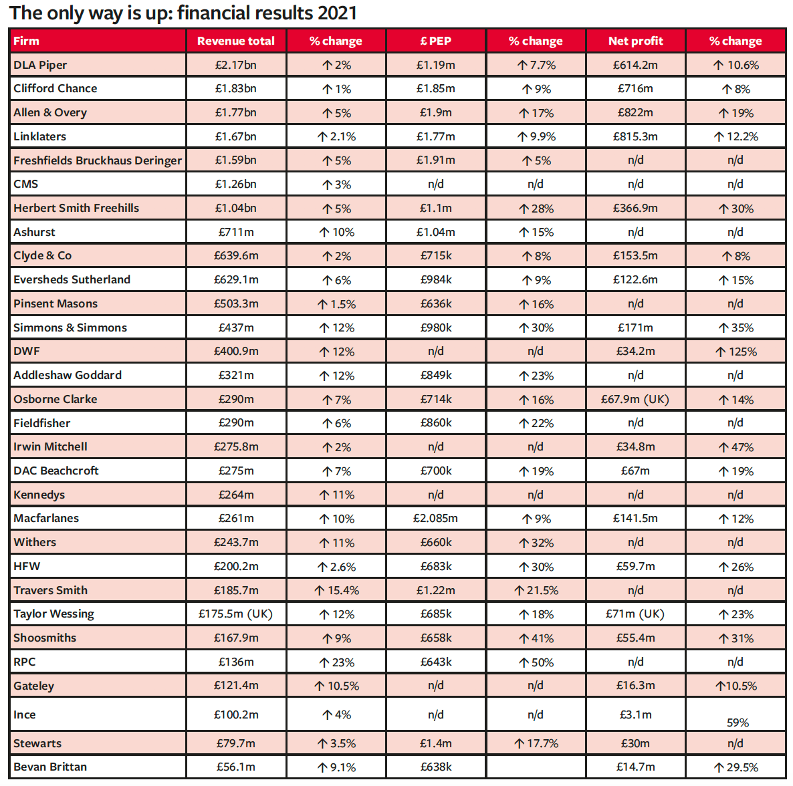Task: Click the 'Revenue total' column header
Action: [235, 41]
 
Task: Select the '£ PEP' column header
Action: [435, 41]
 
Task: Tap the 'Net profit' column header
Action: [635, 41]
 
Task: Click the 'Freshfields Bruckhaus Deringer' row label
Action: [98, 160]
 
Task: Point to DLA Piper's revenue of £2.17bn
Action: [235, 65]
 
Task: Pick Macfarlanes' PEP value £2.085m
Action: [435, 519]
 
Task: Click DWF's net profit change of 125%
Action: [736, 352]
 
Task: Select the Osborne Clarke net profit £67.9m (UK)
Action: [635, 399]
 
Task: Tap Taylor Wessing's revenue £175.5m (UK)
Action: [235, 614]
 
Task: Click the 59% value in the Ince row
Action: [738, 723]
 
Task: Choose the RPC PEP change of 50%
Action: [536, 662]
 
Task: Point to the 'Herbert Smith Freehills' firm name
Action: [76, 208]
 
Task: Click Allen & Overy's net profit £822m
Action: [635, 113]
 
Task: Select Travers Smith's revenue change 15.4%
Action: [336, 590]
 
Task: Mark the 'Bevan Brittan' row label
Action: [50, 767]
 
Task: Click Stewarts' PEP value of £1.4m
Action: [435, 743]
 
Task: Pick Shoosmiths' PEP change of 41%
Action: [536, 638]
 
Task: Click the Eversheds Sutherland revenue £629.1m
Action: [235, 279]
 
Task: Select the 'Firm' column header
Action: [26, 41]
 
